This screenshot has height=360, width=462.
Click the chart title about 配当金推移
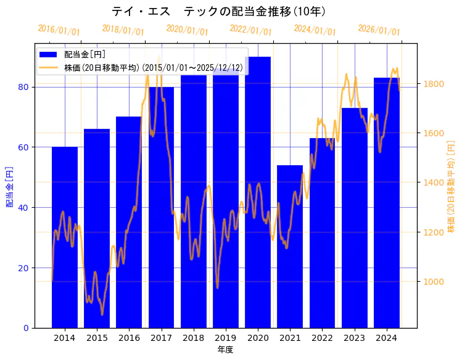pos(219,12)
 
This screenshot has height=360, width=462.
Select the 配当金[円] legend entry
pos(80,55)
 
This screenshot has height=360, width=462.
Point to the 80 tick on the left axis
pos(23,87)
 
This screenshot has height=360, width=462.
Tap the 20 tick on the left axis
pos(23,268)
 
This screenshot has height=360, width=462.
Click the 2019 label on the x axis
pos(226,338)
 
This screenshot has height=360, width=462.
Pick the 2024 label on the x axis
pos(387,338)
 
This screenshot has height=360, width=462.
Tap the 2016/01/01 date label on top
pos(59,30)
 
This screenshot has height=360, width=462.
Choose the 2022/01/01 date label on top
pos(250,30)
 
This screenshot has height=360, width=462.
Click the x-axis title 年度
pos(225,350)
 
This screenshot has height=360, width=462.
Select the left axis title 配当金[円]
pos(10,186)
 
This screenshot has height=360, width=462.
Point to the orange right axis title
pos(451,186)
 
